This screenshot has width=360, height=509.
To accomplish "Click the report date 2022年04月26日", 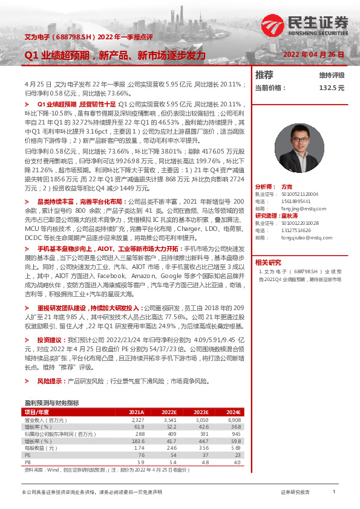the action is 314,54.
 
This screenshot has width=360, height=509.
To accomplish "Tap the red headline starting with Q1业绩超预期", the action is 115,55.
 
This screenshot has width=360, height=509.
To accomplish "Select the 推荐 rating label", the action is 264,75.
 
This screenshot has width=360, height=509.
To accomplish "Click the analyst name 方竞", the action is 287,187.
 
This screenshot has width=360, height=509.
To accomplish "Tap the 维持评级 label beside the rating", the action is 332,75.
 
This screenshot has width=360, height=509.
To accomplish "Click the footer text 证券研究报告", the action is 295,493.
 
